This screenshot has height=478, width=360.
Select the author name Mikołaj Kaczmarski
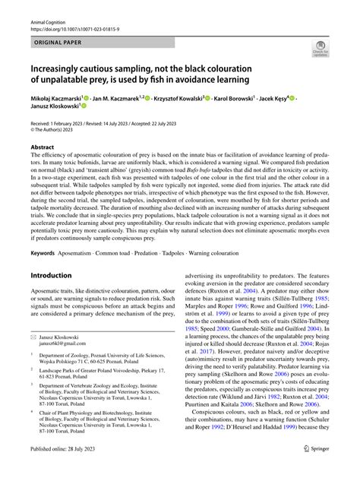pyautogui.click(x=60, y=100)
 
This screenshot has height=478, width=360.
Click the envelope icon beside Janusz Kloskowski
pyautogui.click(x=33, y=355)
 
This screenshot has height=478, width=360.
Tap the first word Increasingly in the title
pyautogui.click(x=65, y=67)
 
